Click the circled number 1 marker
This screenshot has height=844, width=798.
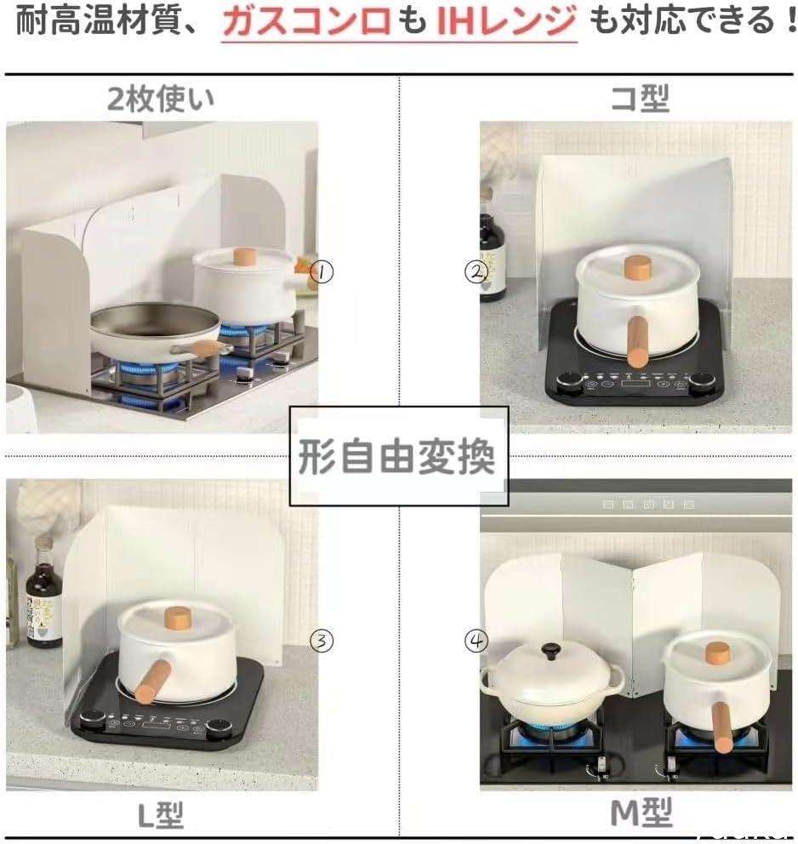coord(322,271)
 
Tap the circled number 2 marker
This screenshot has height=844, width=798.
coord(476,271)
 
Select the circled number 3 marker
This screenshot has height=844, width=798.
coord(322,641)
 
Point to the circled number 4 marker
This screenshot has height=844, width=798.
coord(476,641)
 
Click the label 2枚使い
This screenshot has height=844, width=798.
coord(161,99)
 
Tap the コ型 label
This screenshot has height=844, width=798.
coord(641,98)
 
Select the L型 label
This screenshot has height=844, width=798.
coord(161,815)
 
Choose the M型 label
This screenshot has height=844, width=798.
coord(641,813)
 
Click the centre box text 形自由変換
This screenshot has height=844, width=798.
coord(397,456)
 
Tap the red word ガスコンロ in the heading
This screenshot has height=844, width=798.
coord(306,20)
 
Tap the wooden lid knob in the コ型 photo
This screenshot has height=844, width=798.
coord(638,267)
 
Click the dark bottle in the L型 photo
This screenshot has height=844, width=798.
coord(44,600)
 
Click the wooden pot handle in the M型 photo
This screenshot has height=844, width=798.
coord(721,727)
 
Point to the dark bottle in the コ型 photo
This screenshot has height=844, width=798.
coord(492,257)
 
